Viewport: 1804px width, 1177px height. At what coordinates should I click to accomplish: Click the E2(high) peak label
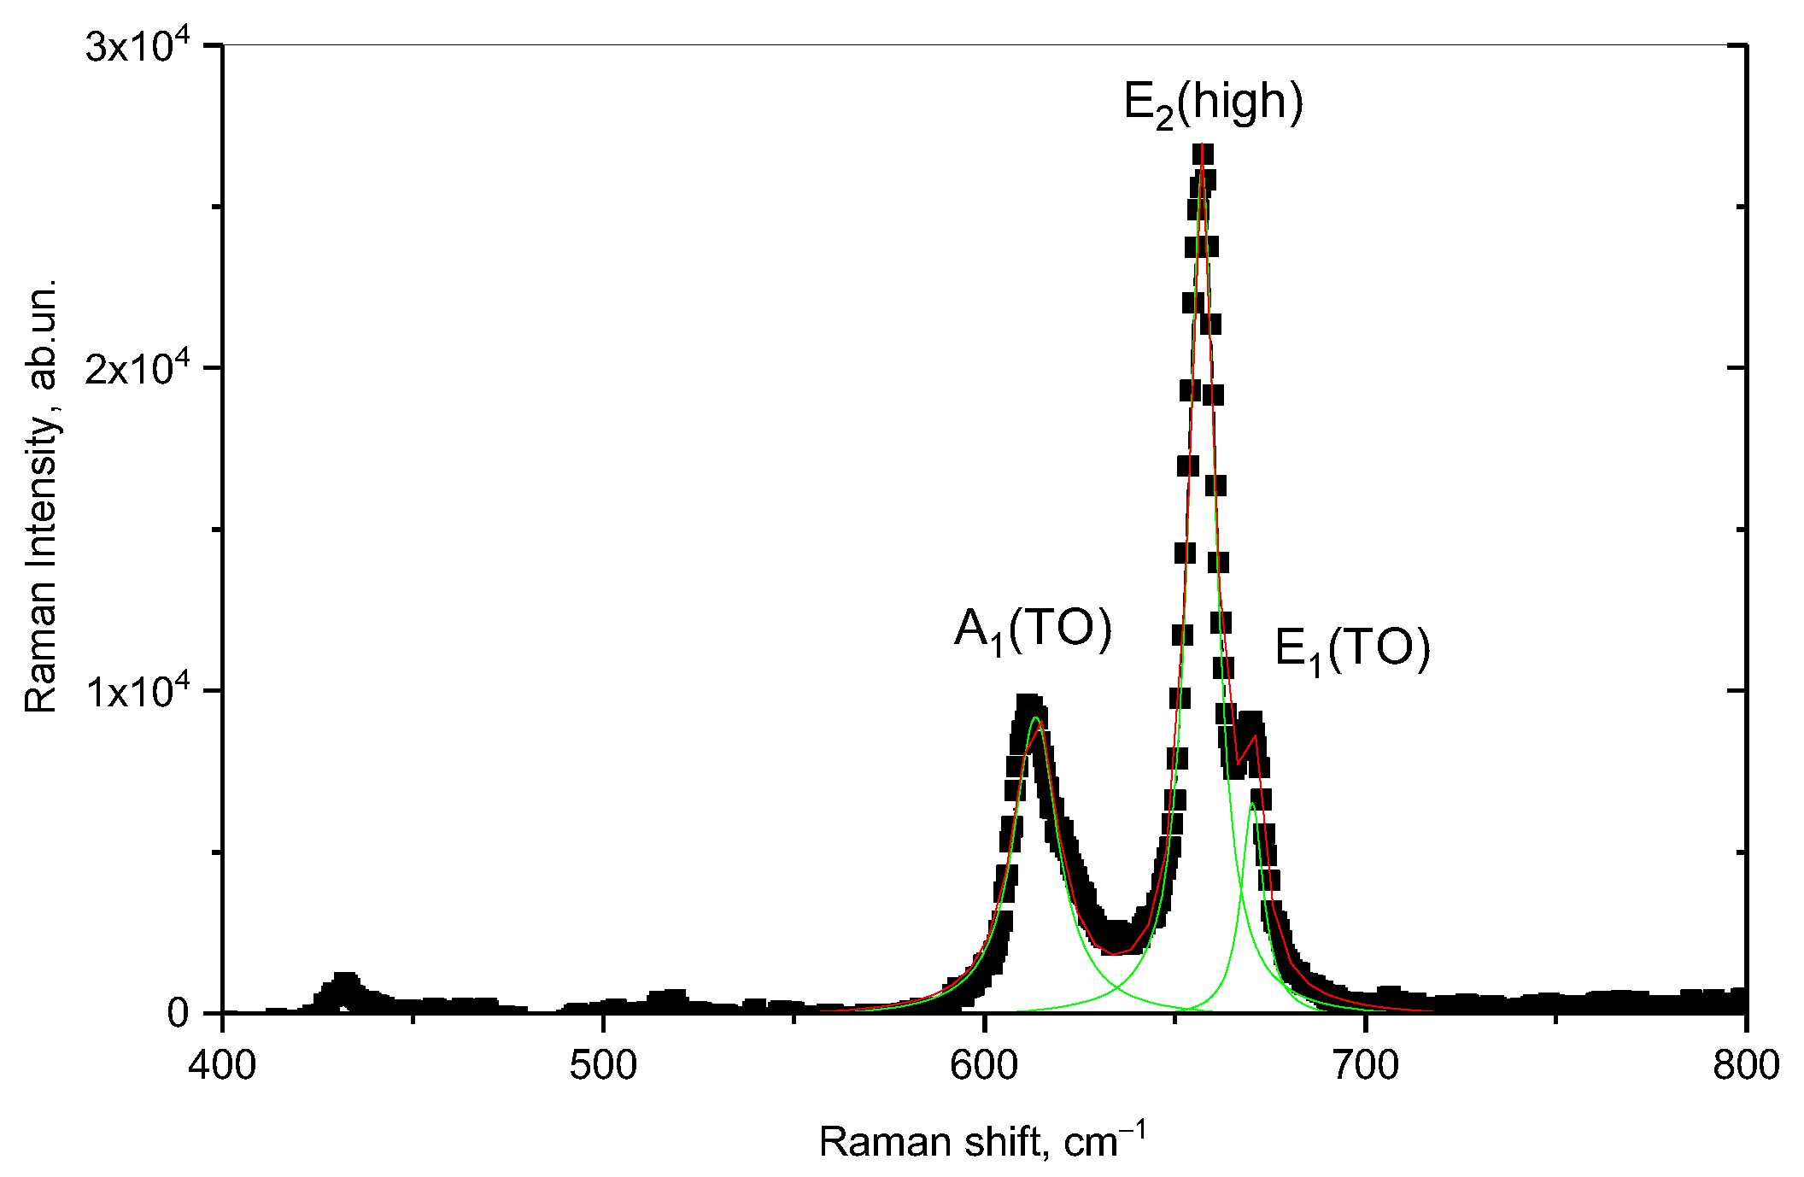tap(1213, 103)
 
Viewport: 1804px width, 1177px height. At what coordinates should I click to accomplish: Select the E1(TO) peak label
tap(1352, 649)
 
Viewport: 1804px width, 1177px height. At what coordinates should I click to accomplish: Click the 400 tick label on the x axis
tap(222, 1065)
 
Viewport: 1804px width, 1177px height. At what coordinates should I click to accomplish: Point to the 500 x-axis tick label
tap(603, 1065)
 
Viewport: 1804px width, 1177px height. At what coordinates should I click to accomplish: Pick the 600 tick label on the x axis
tap(985, 1065)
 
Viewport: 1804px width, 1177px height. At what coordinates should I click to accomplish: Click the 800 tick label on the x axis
tap(1746, 1065)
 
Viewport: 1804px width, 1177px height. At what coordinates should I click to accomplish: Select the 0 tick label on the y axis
tap(179, 1014)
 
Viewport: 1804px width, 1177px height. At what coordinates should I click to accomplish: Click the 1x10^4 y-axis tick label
tap(138, 690)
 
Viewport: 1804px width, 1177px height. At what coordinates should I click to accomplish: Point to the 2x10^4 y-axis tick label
tap(138, 368)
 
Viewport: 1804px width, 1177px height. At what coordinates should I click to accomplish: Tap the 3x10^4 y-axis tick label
tap(138, 46)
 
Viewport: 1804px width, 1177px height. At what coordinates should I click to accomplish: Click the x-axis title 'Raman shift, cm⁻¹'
tap(982, 1140)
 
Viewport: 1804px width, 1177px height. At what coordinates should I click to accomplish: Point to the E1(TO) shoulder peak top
tap(1253, 724)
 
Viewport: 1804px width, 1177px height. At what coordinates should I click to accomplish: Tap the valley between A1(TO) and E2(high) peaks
tap(1117, 934)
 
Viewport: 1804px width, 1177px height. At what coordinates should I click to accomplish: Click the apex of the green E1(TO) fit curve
tap(1252, 804)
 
